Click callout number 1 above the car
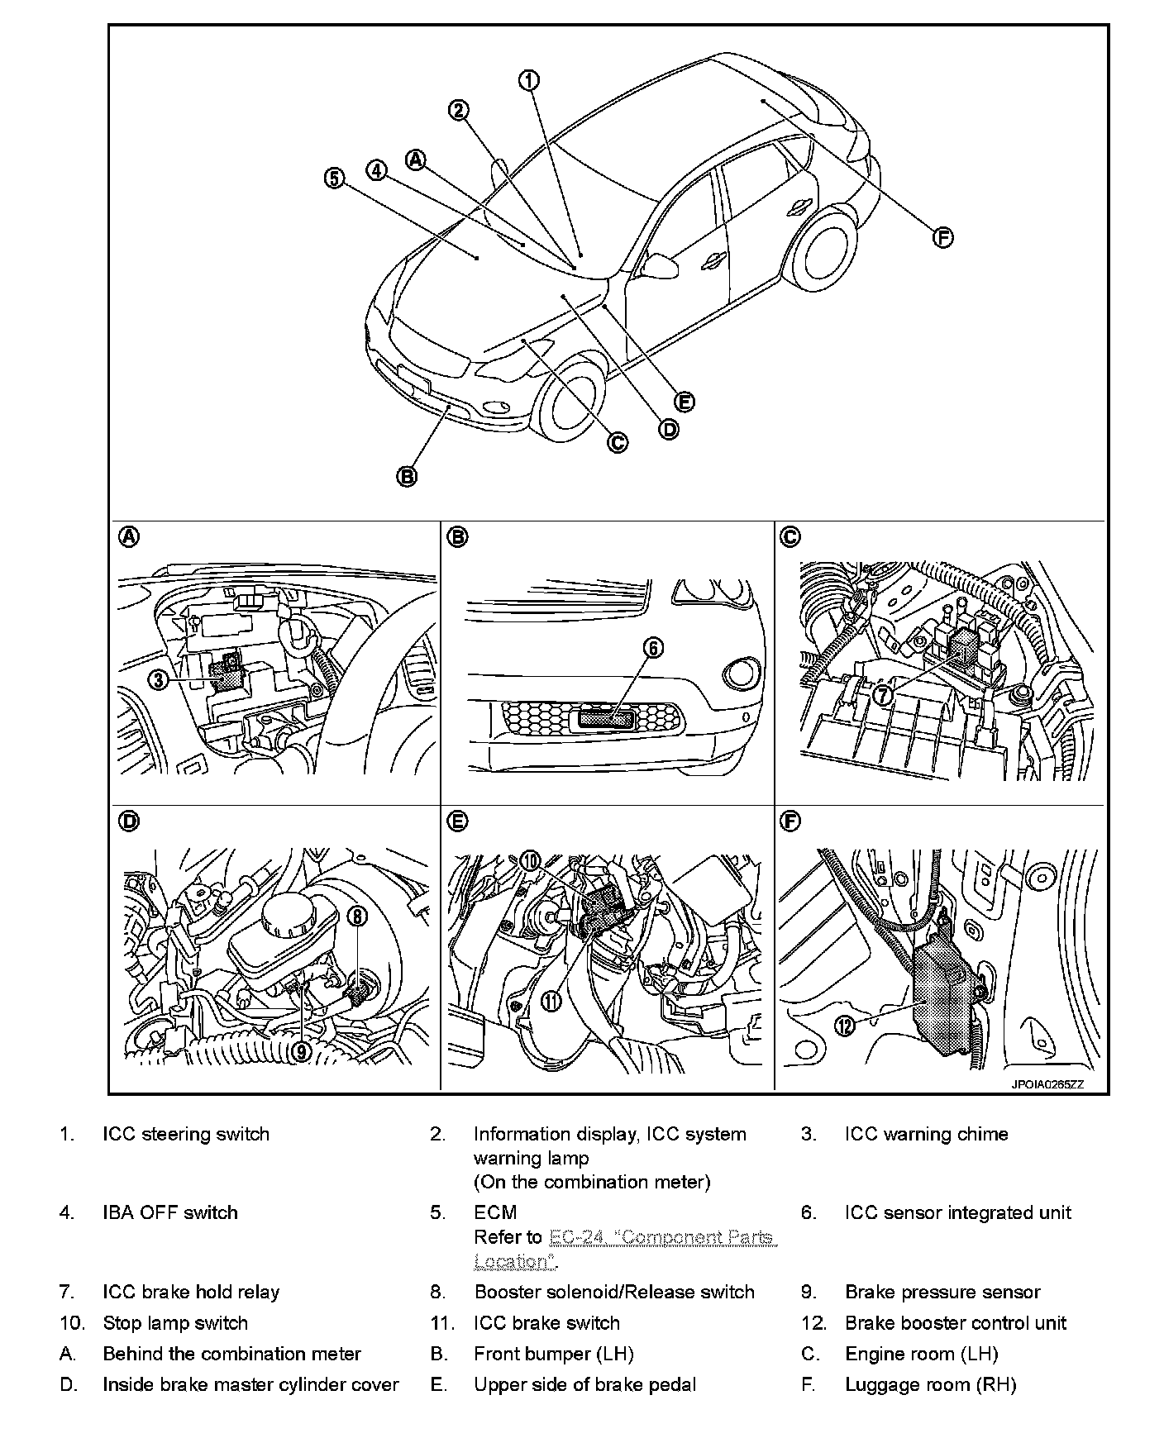point(529,80)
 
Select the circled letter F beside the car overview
point(942,238)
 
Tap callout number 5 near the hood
point(334,178)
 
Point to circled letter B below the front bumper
point(407,476)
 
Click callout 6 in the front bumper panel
point(653,648)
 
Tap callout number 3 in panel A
point(159,679)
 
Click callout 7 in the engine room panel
point(883,695)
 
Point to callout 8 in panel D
point(356,915)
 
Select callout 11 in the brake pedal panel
point(551,1002)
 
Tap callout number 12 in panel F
point(844,1026)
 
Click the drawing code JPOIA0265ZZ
point(1046,1085)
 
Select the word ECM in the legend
point(495,1212)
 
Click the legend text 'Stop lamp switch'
point(175,1323)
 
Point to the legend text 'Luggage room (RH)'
point(930,1384)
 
